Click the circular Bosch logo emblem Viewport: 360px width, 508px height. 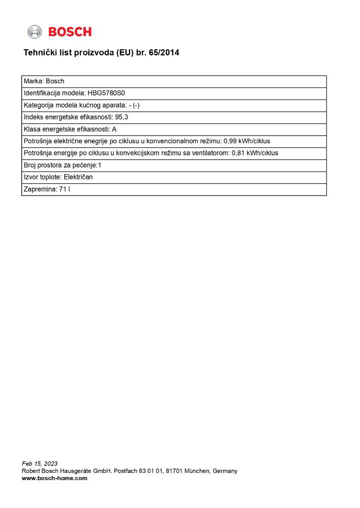(35, 31)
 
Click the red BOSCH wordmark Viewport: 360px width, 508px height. (70, 32)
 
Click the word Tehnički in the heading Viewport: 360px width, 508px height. (39, 52)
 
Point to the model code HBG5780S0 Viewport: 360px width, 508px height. (106, 93)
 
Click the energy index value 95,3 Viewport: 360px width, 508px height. (122, 117)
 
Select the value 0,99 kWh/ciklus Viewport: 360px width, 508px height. (247, 141)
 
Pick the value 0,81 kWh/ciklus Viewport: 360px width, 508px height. (255, 153)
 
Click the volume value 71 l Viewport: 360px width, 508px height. (65, 189)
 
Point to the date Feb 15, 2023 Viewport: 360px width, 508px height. (40, 463)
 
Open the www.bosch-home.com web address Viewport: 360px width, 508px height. (54, 478)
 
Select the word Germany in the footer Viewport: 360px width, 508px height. (225, 471)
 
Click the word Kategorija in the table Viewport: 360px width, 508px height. (39, 105)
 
